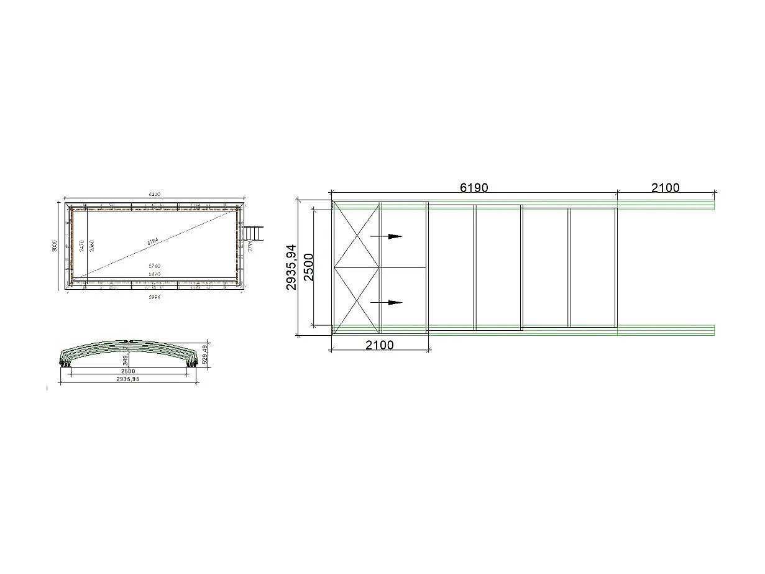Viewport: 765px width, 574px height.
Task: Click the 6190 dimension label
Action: (x=474, y=188)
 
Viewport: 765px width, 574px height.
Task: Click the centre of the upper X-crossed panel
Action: (x=357, y=234)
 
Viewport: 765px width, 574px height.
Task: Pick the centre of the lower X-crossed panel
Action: (x=357, y=300)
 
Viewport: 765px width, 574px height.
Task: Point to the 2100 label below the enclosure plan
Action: (x=379, y=345)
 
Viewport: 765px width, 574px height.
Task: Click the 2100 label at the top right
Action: (x=665, y=188)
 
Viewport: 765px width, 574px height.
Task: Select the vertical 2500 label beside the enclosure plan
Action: (x=309, y=267)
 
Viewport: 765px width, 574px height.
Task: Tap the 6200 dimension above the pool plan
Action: (x=154, y=194)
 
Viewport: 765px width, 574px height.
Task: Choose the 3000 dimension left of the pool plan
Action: (x=55, y=246)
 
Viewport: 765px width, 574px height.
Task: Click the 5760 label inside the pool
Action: (x=154, y=266)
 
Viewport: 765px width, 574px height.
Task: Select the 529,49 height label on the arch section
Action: (x=205, y=354)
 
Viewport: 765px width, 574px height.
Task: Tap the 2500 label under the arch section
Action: (x=128, y=371)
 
